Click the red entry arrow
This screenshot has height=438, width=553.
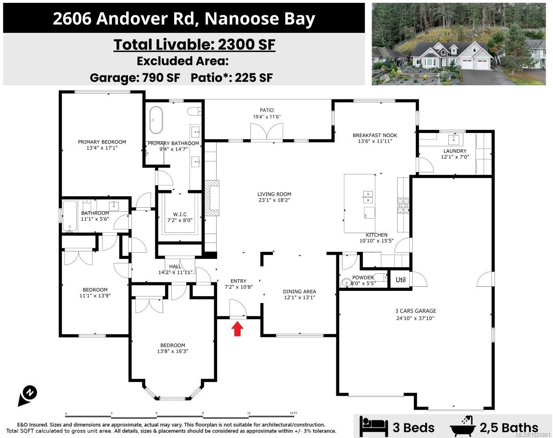coord(238,329)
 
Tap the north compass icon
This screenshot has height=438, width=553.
coord(28,395)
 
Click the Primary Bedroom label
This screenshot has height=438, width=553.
coord(102,142)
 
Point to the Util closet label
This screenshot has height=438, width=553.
coord(400,279)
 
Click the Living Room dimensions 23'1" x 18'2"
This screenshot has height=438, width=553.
coord(274,200)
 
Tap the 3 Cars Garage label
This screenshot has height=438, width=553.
coord(415,311)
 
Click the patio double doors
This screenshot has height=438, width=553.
coord(267,132)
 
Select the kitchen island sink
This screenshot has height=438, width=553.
coord(368,197)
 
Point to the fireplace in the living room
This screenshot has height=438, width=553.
coord(212,198)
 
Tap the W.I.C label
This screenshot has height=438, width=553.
coord(180,215)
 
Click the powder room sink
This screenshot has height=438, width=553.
coord(346,283)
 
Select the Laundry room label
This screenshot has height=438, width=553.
coord(455,151)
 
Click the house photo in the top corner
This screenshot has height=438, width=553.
coord(458,44)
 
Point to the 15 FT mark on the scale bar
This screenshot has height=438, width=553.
coord(293,413)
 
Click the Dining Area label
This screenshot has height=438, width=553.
coord(299,291)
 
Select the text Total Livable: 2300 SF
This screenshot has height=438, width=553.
coord(194,45)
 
